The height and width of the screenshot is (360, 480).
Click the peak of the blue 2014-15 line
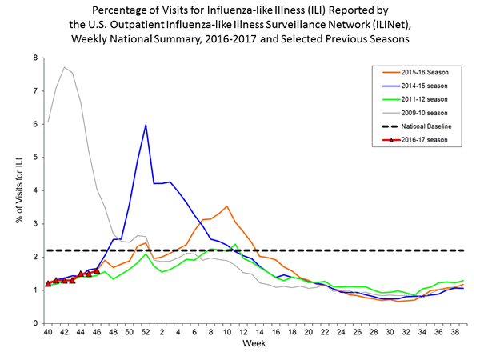point(146,125)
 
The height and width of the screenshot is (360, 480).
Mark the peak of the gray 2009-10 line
point(64,67)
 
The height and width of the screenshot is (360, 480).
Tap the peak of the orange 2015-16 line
point(228,206)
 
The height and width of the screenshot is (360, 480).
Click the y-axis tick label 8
point(34,58)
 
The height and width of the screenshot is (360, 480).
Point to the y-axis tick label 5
point(34,158)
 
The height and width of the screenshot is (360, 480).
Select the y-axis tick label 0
point(34,323)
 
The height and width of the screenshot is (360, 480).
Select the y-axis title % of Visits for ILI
point(18,190)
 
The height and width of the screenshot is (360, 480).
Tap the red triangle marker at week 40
point(48,283)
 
